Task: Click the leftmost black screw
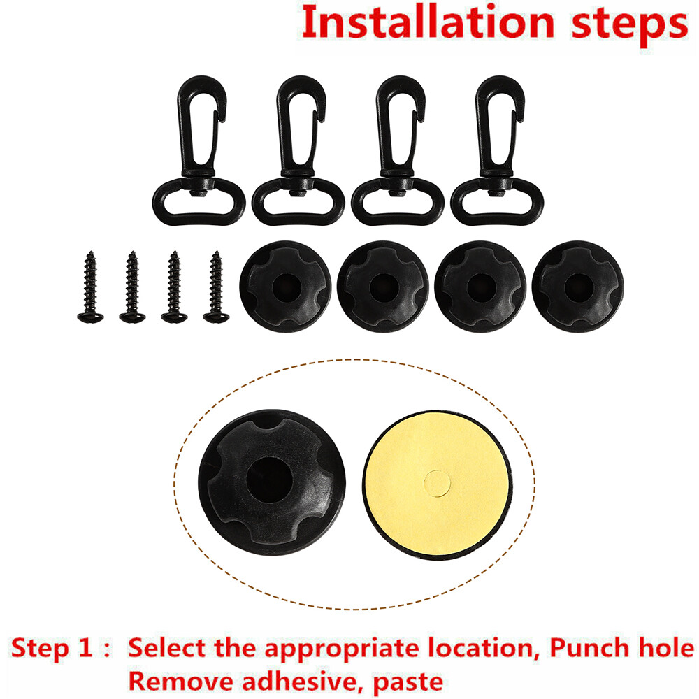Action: tap(90, 287)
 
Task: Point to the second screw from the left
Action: tap(132, 287)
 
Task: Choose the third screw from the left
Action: tap(174, 287)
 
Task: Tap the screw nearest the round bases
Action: tap(216, 287)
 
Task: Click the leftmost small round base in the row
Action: tap(285, 287)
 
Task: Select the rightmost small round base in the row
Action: tap(578, 287)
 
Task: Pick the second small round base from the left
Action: tap(383, 287)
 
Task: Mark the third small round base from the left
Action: tap(480, 287)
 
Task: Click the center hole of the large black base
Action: tap(269, 480)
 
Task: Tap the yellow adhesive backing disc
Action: tap(437, 484)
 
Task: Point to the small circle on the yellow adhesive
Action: tap(437, 484)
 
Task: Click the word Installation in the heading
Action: tap(428, 22)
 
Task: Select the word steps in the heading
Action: tap(630, 25)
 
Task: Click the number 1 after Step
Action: tap(85, 648)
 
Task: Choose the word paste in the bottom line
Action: tap(408, 683)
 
